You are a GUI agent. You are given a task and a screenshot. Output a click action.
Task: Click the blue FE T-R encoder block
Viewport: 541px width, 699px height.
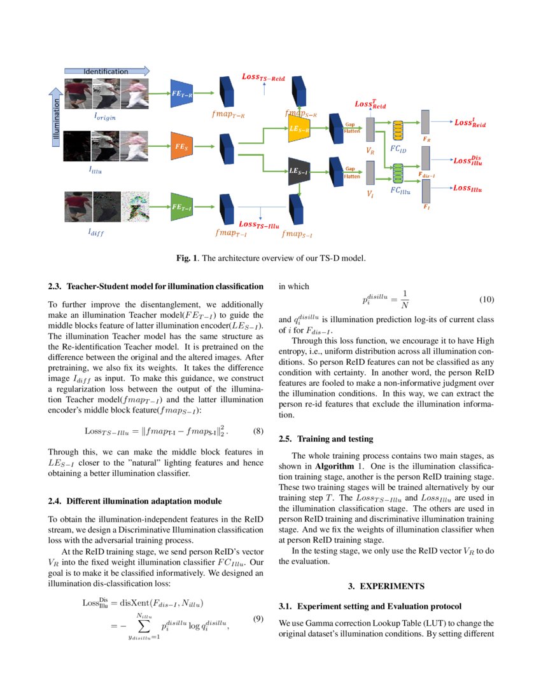pyautogui.click(x=181, y=93)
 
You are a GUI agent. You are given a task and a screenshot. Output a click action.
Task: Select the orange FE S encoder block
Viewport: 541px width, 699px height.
pyautogui.click(x=181, y=147)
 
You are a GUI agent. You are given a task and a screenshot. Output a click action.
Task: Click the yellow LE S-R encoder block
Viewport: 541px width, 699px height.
pyautogui.click(x=299, y=128)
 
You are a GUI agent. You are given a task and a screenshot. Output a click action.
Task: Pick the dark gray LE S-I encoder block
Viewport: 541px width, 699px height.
pyautogui.click(x=299, y=171)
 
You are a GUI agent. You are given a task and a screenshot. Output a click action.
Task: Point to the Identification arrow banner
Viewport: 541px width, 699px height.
pyautogui.click(x=106, y=71)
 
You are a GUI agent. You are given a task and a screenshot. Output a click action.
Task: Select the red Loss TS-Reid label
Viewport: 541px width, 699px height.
pyautogui.click(x=263, y=78)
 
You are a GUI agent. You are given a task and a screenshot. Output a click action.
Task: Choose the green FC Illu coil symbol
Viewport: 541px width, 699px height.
pyautogui.click(x=399, y=173)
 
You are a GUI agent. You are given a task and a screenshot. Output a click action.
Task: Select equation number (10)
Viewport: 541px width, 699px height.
pyautogui.click(x=486, y=299)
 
